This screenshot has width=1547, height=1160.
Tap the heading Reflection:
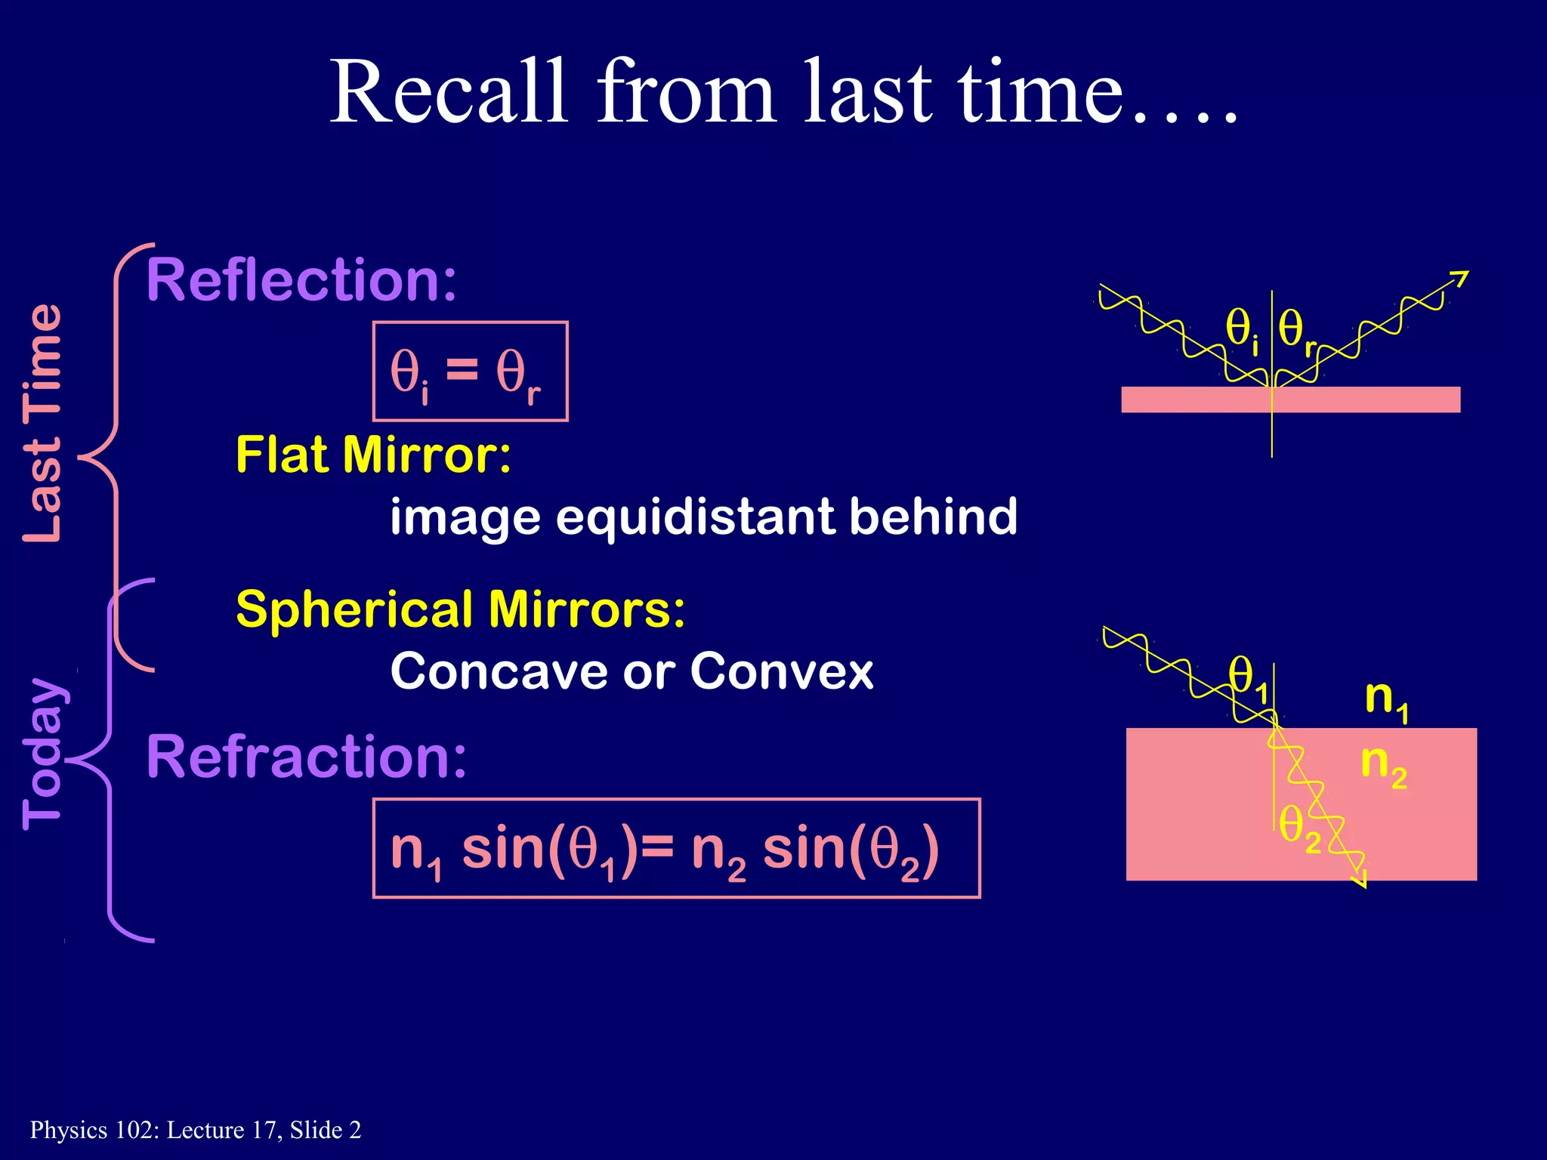(301, 280)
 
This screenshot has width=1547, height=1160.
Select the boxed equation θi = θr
(470, 372)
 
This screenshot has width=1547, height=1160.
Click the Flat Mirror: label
(373, 455)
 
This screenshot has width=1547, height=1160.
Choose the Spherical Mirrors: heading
(460, 609)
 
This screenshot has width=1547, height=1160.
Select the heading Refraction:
(306, 757)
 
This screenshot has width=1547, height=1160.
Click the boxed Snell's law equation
(676, 848)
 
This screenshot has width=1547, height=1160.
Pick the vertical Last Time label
(42, 423)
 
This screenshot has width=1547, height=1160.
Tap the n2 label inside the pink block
(1382, 764)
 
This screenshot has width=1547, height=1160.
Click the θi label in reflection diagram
(1242, 331)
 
